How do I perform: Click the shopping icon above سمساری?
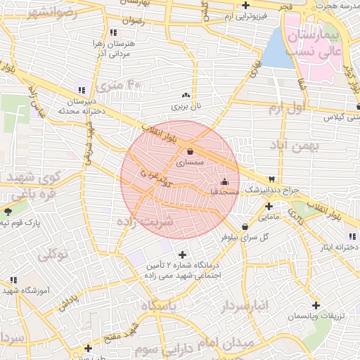(191, 151)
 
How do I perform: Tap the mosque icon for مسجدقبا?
(224, 182)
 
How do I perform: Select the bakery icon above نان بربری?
(186, 96)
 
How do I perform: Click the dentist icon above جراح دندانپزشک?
(271, 179)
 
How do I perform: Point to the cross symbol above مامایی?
(269, 206)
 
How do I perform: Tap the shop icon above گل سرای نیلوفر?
(244, 226)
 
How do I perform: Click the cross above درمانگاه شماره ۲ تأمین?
(183, 255)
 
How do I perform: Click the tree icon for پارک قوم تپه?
(8, 212)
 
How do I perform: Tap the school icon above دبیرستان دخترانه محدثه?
(82, 90)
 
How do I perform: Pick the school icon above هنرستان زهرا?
(114, 32)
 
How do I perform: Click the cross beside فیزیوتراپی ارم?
(245, 5)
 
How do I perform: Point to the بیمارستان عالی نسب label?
(334, 43)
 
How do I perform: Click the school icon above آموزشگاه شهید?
(13, 280)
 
